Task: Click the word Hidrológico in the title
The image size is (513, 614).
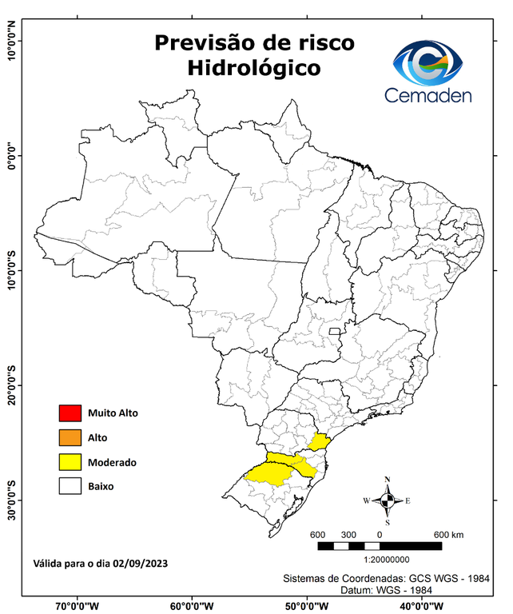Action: [253, 69]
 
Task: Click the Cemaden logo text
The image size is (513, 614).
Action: [428, 95]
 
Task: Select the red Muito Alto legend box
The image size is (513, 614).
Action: [70, 413]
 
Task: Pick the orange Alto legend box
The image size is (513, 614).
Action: [70, 437]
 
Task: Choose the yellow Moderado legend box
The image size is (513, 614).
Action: [70, 461]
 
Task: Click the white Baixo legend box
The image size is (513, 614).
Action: [70, 485]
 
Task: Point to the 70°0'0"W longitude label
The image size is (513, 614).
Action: [77, 605]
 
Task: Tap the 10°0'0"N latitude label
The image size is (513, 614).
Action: [12, 40]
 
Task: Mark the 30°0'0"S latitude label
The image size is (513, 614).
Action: [12, 500]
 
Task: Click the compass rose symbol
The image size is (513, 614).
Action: [388, 500]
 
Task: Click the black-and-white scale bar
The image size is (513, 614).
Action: [380, 546]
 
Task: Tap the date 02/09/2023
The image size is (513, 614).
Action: [141, 563]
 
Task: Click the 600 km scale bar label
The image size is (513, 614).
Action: [448, 534]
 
